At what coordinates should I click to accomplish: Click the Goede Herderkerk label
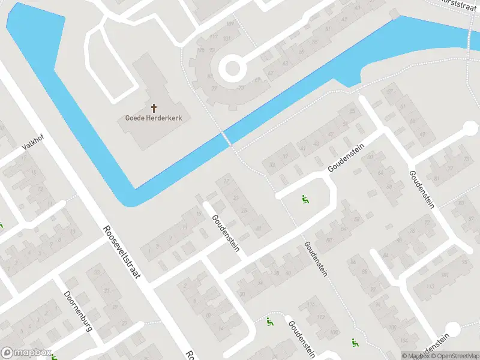pyautogui.click(x=154, y=118)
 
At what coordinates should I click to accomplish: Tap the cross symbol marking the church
pyautogui.click(x=154, y=108)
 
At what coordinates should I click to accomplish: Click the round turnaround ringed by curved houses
pyautogui.click(x=233, y=69)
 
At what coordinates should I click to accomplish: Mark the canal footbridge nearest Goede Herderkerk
pyautogui.click(x=226, y=139)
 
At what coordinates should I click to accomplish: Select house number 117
pyautogui.click(x=213, y=37)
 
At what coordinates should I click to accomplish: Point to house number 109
pyautogui.click(x=230, y=24)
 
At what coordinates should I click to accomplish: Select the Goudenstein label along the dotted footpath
pyautogui.click(x=316, y=259)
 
